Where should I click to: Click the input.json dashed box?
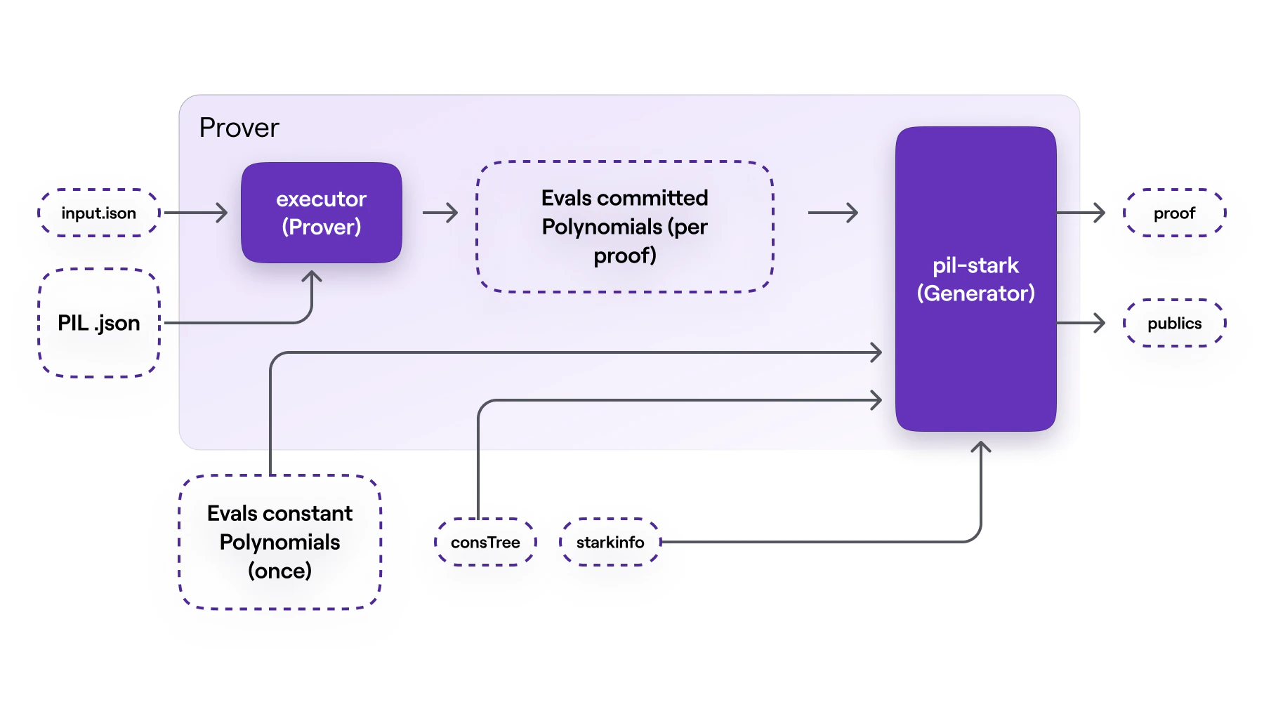(98, 213)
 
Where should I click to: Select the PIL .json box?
(98, 323)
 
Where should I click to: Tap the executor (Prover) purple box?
(321, 213)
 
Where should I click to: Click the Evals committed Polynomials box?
(624, 226)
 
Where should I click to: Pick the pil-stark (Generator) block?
(975, 279)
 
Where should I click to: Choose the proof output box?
(1174, 213)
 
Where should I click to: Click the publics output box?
(1174, 323)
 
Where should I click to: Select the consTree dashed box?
(485, 542)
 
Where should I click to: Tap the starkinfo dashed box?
(610, 542)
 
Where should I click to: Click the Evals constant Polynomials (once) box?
(279, 542)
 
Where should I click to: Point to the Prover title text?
(239, 128)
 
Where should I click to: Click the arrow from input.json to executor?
(197, 213)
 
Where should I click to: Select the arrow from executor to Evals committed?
(440, 213)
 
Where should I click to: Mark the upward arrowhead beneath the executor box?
(312, 277)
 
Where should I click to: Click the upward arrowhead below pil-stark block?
(981, 446)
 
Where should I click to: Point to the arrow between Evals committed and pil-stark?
(834, 213)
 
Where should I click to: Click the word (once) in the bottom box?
(279, 571)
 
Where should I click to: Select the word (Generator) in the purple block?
(975, 293)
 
